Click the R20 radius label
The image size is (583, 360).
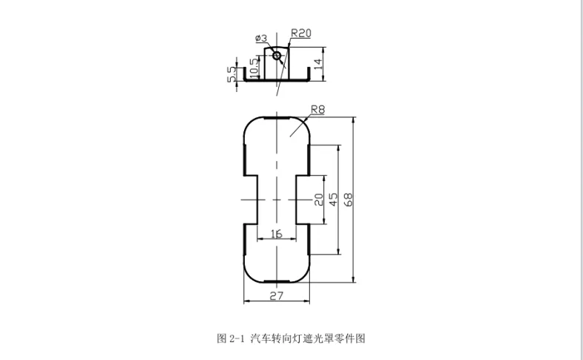click(301, 33)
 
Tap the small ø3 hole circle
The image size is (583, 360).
click(277, 56)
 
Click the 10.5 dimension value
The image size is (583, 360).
click(254, 66)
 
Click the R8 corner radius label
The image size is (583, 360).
click(318, 109)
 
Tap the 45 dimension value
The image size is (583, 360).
click(333, 199)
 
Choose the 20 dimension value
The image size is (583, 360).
click(319, 199)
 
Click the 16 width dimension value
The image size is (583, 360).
click(276, 234)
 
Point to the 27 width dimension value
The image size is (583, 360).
click(276, 295)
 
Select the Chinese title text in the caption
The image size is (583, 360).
click(309, 338)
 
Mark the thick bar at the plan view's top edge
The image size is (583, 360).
click(277, 117)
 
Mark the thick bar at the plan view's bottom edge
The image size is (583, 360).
click(277, 282)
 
